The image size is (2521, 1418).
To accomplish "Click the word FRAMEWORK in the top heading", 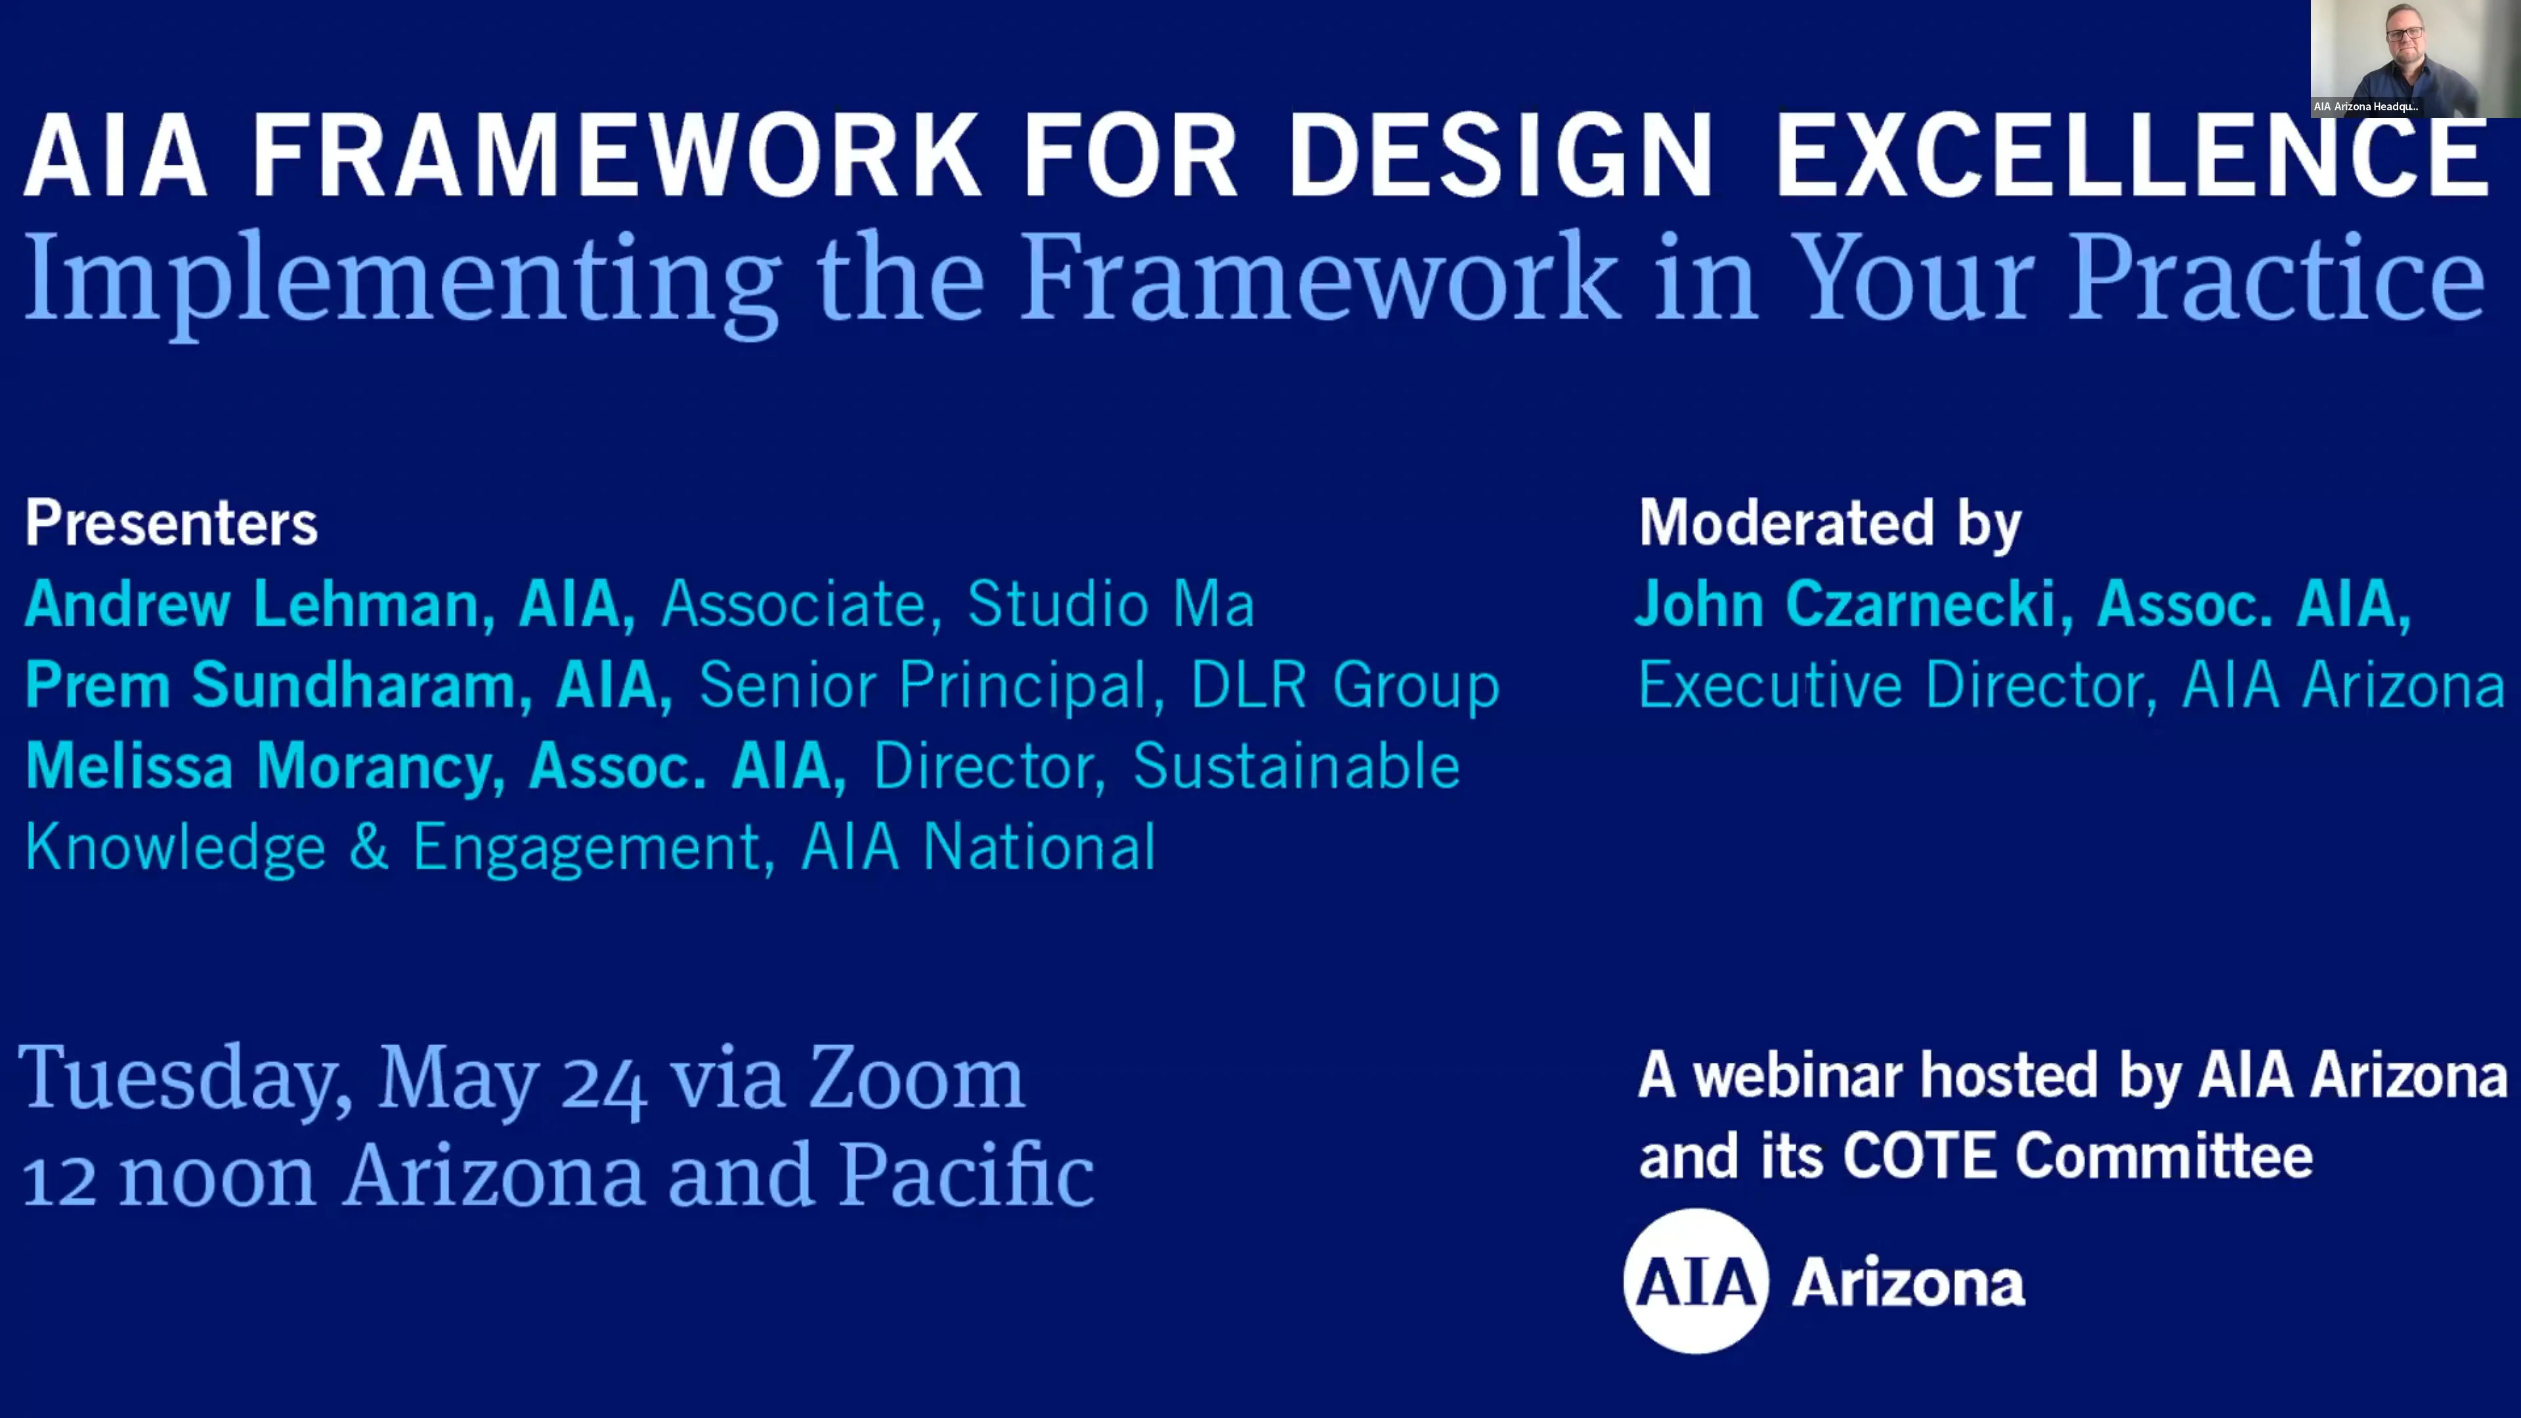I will (x=616, y=157).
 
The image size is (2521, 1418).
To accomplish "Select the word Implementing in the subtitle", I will (x=401, y=279).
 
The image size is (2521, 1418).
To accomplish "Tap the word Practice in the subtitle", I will (x=2275, y=279).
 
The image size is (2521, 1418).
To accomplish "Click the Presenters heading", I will (x=171, y=524).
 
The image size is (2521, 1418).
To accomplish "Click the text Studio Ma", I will (x=1111, y=604).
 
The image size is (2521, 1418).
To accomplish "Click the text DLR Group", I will (x=1344, y=685).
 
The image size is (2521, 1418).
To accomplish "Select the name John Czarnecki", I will (x=1845, y=604).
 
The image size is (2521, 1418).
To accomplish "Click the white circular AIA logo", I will (x=1696, y=1281).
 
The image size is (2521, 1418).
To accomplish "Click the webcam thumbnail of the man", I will (x=2415, y=58).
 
